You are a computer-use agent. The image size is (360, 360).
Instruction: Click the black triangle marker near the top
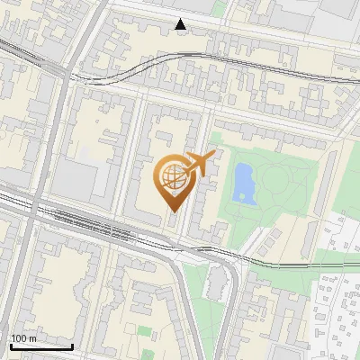(x=182, y=24)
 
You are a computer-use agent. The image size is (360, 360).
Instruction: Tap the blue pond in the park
(x=242, y=183)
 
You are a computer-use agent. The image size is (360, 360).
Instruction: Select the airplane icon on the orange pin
(x=199, y=163)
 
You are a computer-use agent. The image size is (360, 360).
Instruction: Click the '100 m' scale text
(x=24, y=338)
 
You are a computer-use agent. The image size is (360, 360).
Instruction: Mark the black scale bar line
(x=41, y=346)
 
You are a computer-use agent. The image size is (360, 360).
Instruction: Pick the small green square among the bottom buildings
(x=147, y=333)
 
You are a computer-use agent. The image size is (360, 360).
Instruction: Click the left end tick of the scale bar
(x=10, y=346)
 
